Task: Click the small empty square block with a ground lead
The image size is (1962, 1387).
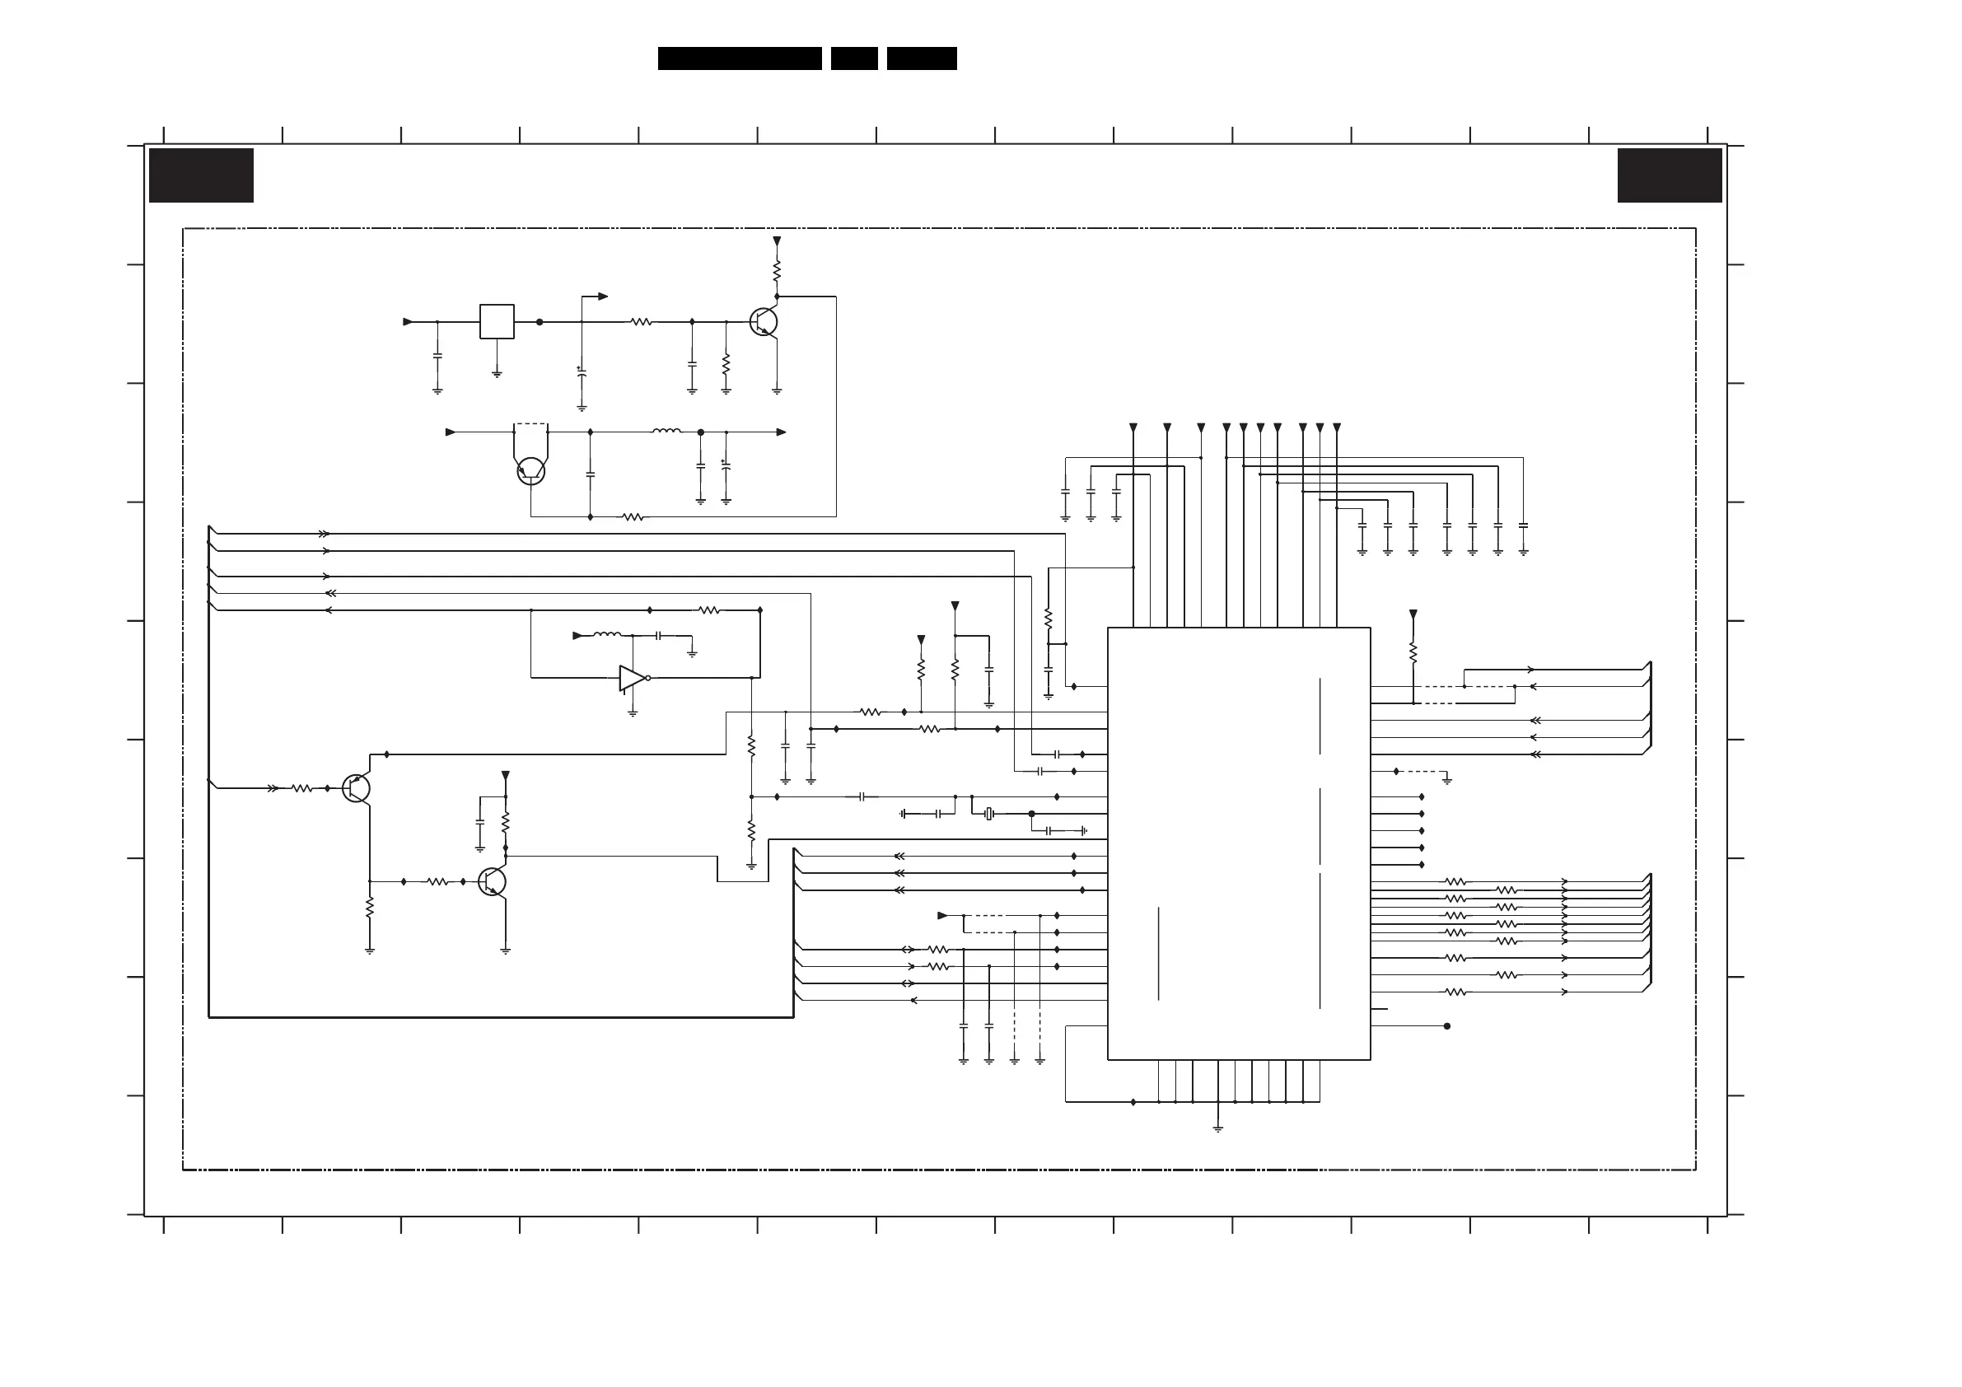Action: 497,321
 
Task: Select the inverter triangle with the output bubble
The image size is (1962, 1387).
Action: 633,678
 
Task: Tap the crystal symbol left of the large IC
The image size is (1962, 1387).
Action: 989,814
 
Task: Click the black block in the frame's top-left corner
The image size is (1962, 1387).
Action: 201,175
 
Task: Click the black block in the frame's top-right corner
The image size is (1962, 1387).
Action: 1669,175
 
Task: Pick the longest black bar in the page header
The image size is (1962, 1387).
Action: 739,58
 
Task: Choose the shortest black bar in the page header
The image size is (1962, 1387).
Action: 853,58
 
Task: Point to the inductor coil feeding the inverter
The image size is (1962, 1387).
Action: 607,635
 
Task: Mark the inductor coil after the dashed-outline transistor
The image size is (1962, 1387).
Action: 666,432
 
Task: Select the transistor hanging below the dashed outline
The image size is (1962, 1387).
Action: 530,470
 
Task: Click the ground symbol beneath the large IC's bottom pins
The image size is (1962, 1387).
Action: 1217,1128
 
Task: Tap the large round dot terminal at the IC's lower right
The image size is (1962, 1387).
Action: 1446,1025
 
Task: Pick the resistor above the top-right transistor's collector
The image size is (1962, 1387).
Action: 777,272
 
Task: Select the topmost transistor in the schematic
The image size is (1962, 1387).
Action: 763,322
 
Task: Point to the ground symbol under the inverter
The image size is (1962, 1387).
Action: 633,712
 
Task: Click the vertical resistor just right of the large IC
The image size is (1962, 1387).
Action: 1413,652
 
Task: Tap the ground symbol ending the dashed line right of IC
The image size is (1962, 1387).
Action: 1446,779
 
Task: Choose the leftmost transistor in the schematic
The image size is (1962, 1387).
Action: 356,788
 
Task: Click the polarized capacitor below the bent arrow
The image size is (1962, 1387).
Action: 582,372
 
